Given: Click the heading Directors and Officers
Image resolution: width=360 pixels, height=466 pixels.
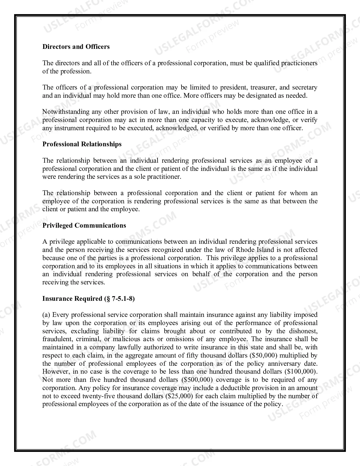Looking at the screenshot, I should [x=76, y=47].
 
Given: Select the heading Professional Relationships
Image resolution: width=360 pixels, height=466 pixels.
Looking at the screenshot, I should [x=82, y=144].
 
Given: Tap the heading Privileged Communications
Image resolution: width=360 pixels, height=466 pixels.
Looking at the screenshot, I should [x=84, y=225].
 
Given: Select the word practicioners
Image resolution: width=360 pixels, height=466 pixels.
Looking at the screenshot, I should [x=299, y=63].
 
